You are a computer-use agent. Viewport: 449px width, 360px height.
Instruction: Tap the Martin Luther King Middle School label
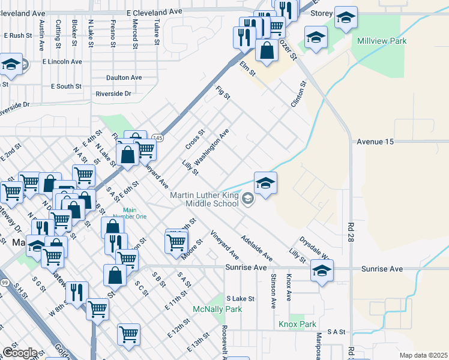[204, 200]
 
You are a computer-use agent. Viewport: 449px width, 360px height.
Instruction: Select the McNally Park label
[208, 309]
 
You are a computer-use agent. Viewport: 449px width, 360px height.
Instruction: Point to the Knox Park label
[297, 324]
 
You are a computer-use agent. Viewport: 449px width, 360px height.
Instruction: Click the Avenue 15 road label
[375, 142]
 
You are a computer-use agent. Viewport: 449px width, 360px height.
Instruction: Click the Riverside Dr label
[113, 94]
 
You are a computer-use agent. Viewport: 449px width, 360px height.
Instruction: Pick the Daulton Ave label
[124, 77]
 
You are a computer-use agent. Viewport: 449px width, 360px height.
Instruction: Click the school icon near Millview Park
[316, 38]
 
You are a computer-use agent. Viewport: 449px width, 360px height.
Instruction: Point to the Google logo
[20, 353]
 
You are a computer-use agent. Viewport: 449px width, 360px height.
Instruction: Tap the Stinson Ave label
[273, 290]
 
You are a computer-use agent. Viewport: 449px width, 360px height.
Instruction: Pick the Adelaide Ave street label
[257, 248]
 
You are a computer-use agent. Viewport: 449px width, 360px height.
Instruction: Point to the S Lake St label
[240, 298]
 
